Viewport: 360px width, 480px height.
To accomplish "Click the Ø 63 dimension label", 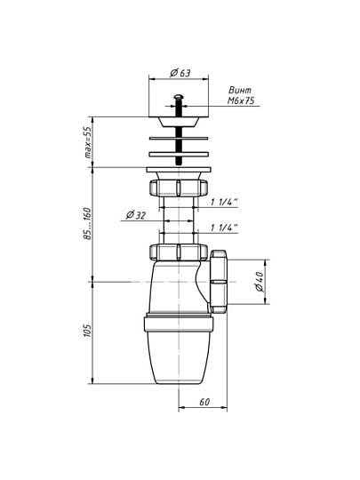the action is click(180, 73).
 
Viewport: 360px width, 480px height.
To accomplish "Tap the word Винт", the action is click(240, 90).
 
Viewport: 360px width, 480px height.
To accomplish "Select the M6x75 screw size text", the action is click(241, 100).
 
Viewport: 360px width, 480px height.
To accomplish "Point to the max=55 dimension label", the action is click(88, 142).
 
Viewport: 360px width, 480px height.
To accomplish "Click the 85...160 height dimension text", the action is click(88, 223).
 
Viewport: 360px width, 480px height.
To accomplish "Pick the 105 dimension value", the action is click(87, 331).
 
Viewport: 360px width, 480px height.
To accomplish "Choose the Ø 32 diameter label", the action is click(136, 215).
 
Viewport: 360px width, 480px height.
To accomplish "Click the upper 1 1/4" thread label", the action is click(224, 203).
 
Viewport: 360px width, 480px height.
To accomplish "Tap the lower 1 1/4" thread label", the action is click(224, 228).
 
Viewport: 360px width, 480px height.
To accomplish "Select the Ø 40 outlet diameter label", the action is click(259, 282).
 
